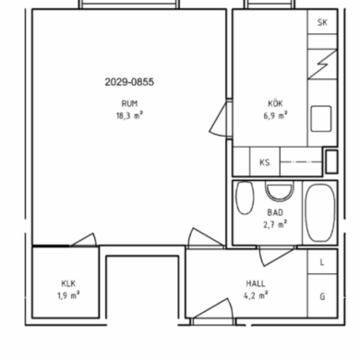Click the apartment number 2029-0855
click(x=129, y=82)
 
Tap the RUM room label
click(x=129, y=103)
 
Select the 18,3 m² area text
click(x=129, y=115)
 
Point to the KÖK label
click(x=275, y=103)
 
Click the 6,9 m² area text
click(x=275, y=115)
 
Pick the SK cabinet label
click(x=322, y=22)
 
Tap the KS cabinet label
click(x=265, y=162)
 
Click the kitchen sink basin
click(x=321, y=118)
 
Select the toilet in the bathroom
click(x=245, y=198)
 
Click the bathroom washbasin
click(x=279, y=191)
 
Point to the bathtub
click(x=320, y=212)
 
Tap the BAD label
click(x=275, y=212)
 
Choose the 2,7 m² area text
click(x=275, y=224)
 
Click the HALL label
click(x=256, y=283)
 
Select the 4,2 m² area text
click(x=256, y=295)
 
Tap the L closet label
click(x=322, y=262)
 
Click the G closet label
click(x=322, y=296)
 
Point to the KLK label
click(x=68, y=283)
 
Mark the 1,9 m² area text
click(x=68, y=295)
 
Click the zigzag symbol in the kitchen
click(x=322, y=64)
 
